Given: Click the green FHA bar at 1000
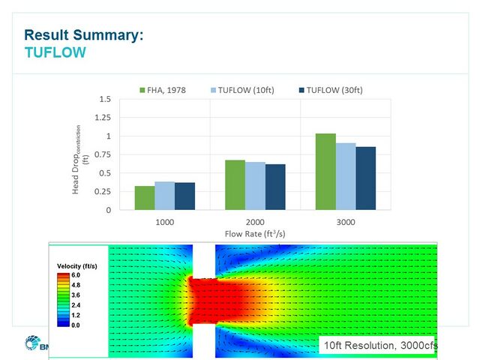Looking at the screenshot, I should [144, 198].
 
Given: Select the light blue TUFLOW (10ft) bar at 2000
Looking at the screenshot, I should [255, 186].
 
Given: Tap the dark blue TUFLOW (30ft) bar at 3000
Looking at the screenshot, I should [365, 178].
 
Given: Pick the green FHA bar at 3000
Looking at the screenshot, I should [325, 172].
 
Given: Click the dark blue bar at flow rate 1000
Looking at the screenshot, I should [184, 196].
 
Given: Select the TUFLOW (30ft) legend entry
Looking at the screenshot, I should [334, 90].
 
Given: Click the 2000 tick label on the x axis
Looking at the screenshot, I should [255, 223].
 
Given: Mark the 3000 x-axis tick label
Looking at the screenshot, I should [346, 223].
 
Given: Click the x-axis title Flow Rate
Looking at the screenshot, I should [255, 234].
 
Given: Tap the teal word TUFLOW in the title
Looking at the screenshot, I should [55, 52].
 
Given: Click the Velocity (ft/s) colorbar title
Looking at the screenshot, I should [79, 266].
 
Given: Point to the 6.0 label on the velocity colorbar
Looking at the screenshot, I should [76, 275].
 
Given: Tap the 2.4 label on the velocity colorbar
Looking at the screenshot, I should [76, 305].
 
